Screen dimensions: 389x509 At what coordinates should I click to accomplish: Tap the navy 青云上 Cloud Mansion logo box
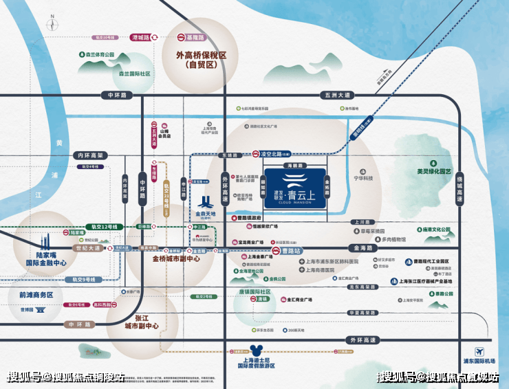(x=294, y=189)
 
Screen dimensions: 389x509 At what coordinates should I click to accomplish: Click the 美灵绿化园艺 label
(x=434, y=171)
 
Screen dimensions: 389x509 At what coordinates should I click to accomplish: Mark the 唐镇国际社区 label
(x=254, y=291)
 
